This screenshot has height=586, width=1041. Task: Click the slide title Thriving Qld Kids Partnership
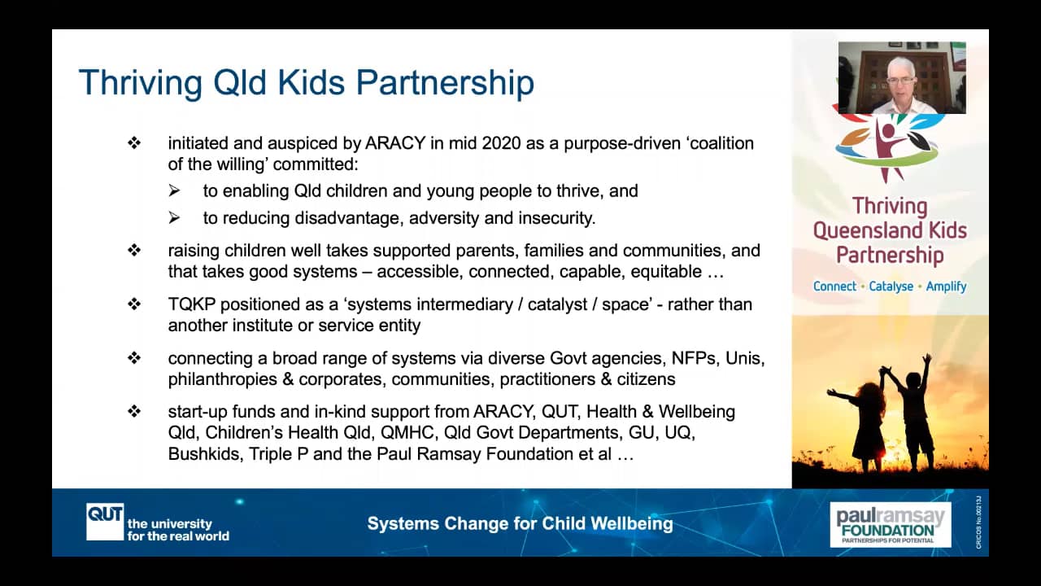click(306, 83)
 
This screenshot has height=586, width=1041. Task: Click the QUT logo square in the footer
click(105, 522)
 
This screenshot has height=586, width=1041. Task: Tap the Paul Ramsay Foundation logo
click(891, 525)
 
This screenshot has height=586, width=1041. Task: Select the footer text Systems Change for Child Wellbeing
click(520, 523)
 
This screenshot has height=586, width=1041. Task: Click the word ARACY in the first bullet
click(395, 143)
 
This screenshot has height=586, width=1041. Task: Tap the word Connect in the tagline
click(834, 286)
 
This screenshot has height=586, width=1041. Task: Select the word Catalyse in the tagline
click(891, 286)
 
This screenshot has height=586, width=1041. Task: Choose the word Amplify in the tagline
click(946, 286)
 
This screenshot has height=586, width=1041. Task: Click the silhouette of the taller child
click(917, 415)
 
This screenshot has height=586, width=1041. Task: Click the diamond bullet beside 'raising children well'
click(134, 251)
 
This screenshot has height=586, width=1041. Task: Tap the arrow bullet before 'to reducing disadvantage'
click(174, 218)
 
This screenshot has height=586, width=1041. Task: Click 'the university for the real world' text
click(177, 530)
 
